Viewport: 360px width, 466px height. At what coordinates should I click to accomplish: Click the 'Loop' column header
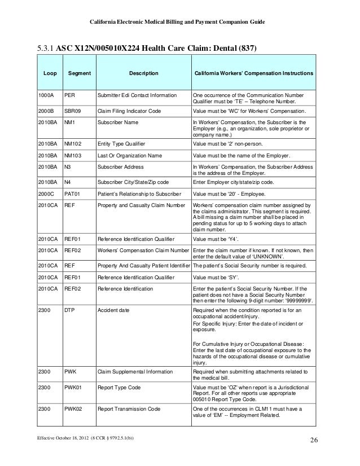tap(46, 74)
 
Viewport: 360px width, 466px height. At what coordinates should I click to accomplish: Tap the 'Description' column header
tap(144, 74)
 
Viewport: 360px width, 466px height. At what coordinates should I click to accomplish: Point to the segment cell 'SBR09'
tap(72, 112)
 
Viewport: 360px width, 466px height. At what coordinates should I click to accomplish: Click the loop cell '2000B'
tap(46, 112)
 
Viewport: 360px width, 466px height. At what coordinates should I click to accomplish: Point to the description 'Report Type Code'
tap(118, 388)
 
